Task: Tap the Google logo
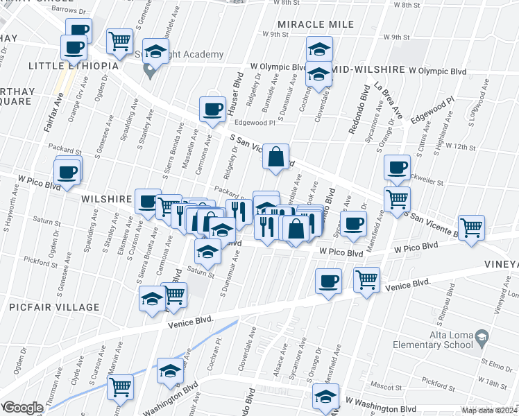pyautogui.click(x=22, y=408)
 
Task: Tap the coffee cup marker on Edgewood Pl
pyautogui.click(x=212, y=109)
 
